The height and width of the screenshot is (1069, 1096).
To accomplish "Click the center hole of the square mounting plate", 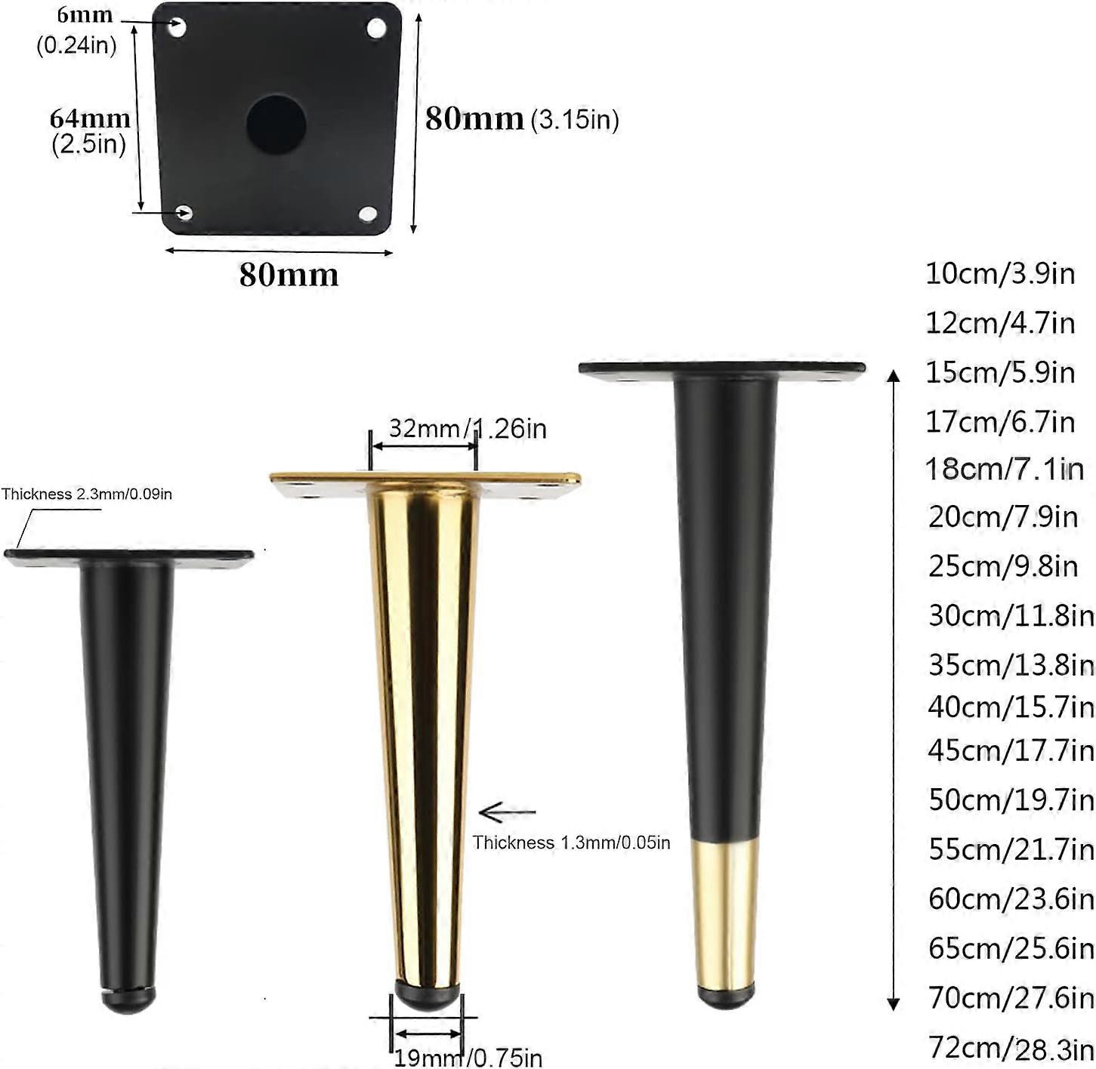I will coord(276,123).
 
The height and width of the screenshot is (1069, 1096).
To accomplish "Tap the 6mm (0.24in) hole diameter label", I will coord(79,30).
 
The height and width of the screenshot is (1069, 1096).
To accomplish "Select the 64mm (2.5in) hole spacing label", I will coord(89,131).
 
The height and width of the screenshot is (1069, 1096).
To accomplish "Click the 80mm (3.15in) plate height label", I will coord(521,119).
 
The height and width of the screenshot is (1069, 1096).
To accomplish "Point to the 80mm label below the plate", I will coord(289,274).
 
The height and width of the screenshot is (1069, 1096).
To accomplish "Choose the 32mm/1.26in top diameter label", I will coord(468,428).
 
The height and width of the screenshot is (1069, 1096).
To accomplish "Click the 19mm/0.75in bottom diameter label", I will coord(468,1057).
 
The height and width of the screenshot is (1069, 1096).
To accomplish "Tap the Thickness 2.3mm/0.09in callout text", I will coord(87,494).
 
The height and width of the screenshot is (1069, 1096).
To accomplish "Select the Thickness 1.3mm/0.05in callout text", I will coord(572,843).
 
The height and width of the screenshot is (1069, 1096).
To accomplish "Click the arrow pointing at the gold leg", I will coord(507,813).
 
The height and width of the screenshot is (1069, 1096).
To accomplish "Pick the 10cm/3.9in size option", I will coord(1000,273).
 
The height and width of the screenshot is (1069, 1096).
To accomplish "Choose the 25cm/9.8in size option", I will coord(1003,565).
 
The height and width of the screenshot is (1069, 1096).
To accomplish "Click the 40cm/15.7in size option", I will coord(1011,707).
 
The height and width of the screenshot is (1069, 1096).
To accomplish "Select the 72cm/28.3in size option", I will coord(1011,1048).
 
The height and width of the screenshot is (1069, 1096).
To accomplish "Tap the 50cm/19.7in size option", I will coord(1011,799).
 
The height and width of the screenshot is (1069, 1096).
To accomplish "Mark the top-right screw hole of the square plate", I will coord(376,29).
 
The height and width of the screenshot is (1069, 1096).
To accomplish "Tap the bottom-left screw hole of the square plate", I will coord(184,213).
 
